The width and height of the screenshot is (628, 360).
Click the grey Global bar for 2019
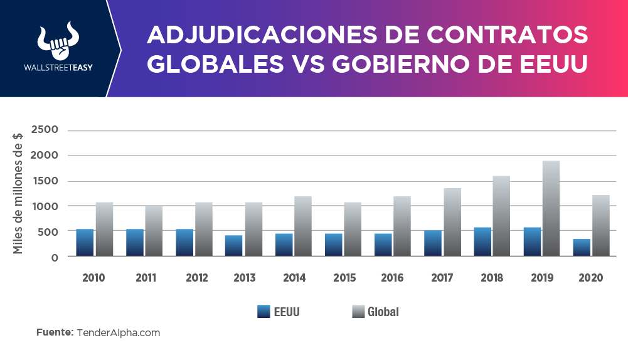pyautogui.click(x=551, y=208)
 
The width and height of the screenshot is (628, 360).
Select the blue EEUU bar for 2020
pyautogui.click(x=582, y=248)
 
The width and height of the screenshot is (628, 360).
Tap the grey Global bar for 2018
pyautogui.click(x=501, y=216)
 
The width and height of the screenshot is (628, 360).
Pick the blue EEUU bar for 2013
pyautogui.click(x=233, y=246)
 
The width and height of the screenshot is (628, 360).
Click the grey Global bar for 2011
pyautogui.click(x=154, y=231)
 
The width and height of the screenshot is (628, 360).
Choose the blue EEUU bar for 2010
pyautogui.click(x=85, y=243)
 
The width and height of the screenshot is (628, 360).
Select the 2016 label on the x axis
pyautogui.click(x=393, y=278)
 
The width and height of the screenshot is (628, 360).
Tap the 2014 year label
pyautogui.click(x=294, y=278)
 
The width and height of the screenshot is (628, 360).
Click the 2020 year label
pyautogui.click(x=591, y=278)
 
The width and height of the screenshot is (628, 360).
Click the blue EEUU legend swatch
pyautogui.click(x=264, y=311)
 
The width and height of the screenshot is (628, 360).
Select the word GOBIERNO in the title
pyautogui.click(x=428, y=65)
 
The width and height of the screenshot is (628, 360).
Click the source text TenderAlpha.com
pyautogui.click(x=119, y=333)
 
